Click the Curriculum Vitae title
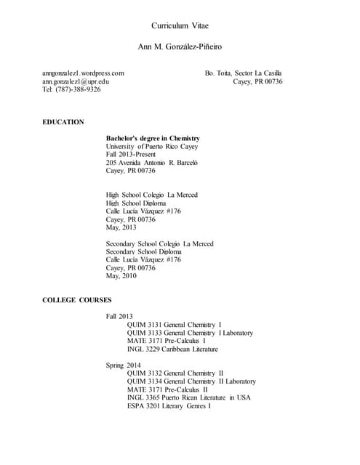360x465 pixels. tap(180, 25)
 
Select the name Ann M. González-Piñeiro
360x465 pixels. tap(180, 46)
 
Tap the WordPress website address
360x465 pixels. tap(83, 73)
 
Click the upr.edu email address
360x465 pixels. tap(76, 81)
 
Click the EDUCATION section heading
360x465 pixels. tap(63, 122)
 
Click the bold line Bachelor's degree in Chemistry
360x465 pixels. tap(153, 138)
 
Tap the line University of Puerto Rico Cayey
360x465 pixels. tap(151, 146)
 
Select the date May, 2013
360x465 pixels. tap(121, 227)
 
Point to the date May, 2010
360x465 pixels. tap(121, 276)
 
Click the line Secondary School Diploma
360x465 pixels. tap(145, 251)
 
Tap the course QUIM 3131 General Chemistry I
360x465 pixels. tap(174, 324)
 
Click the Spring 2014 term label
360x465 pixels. tap(124, 365)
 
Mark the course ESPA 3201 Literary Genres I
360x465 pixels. tap(169, 405)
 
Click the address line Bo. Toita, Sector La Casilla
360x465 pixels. tap(244, 73)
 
